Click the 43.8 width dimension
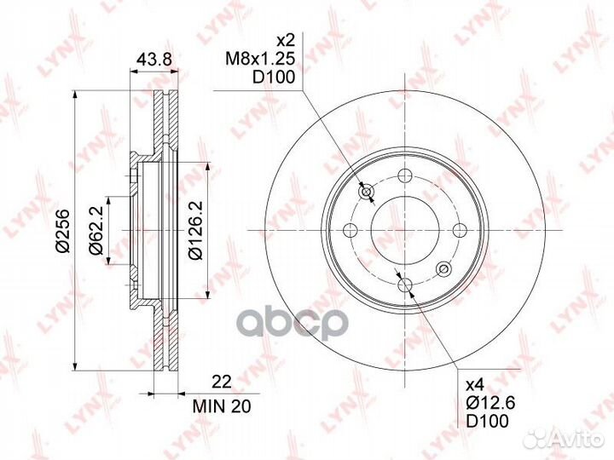153,59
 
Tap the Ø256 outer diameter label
62,231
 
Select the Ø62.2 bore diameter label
96,231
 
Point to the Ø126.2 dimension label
195,231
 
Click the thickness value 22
222,382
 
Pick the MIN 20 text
222,406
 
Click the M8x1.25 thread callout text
260,59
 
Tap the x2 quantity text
285,40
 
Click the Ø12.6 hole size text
489,402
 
